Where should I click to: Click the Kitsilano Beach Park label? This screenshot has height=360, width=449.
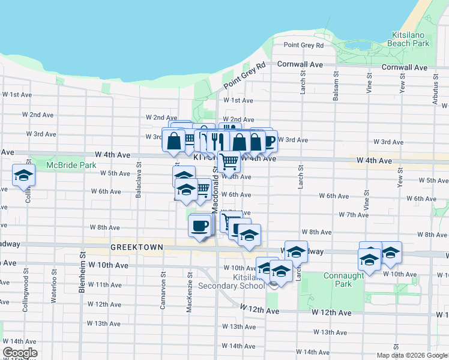(x=409, y=40)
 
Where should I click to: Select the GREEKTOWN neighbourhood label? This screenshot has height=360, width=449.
(x=133, y=247)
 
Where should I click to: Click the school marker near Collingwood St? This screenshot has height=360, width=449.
(x=23, y=175)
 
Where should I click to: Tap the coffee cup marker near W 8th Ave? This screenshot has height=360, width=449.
(x=200, y=226)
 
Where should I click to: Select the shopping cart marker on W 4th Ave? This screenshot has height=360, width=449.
(x=229, y=160)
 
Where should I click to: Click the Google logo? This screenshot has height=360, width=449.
(x=20, y=353)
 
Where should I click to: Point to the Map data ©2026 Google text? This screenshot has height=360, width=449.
(x=412, y=355)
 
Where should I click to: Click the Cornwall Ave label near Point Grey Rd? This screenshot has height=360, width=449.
(x=299, y=64)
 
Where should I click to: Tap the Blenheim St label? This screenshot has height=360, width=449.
(x=82, y=273)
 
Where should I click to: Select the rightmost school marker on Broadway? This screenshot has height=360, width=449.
(x=391, y=252)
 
